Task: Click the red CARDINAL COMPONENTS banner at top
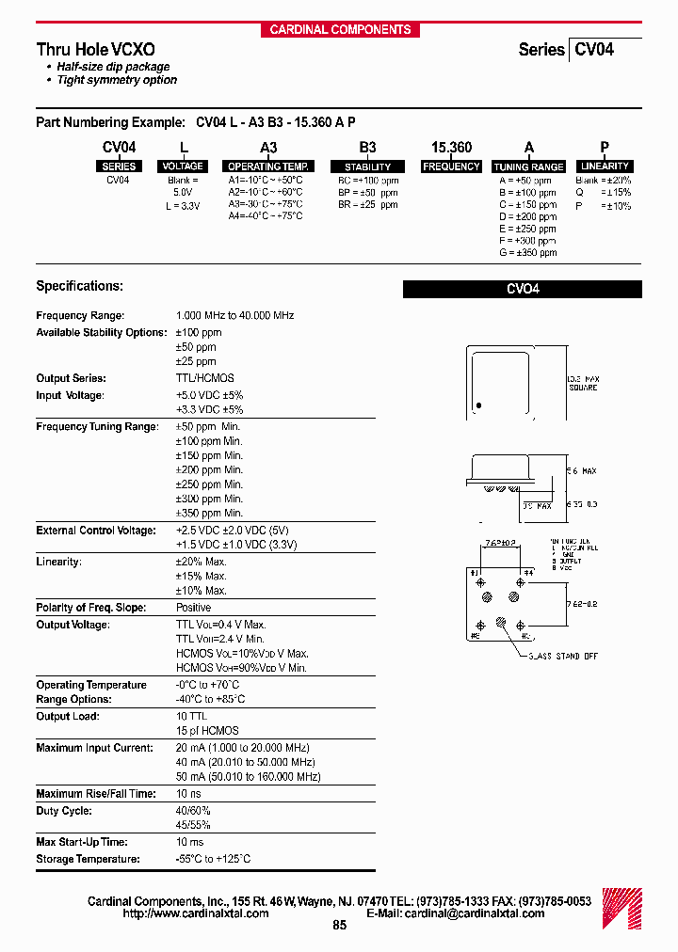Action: tap(340, 29)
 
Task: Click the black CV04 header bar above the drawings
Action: tap(522, 290)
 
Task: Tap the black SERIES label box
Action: tap(119, 167)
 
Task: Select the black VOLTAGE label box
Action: tap(183, 167)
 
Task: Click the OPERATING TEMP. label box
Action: tap(267, 167)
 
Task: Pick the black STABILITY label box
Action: tap(368, 167)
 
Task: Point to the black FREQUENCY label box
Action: tap(451, 167)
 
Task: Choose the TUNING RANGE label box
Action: tap(528, 167)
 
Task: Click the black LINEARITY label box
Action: tap(605, 167)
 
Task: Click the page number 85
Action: tap(340, 926)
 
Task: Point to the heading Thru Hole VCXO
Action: tap(96, 50)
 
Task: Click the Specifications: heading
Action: tap(79, 286)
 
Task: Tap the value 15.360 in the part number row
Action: tap(451, 148)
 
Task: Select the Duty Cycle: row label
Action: tap(65, 811)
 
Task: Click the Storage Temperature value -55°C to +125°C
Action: tap(213, 859)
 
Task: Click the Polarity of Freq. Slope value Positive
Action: tap(193, 608)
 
